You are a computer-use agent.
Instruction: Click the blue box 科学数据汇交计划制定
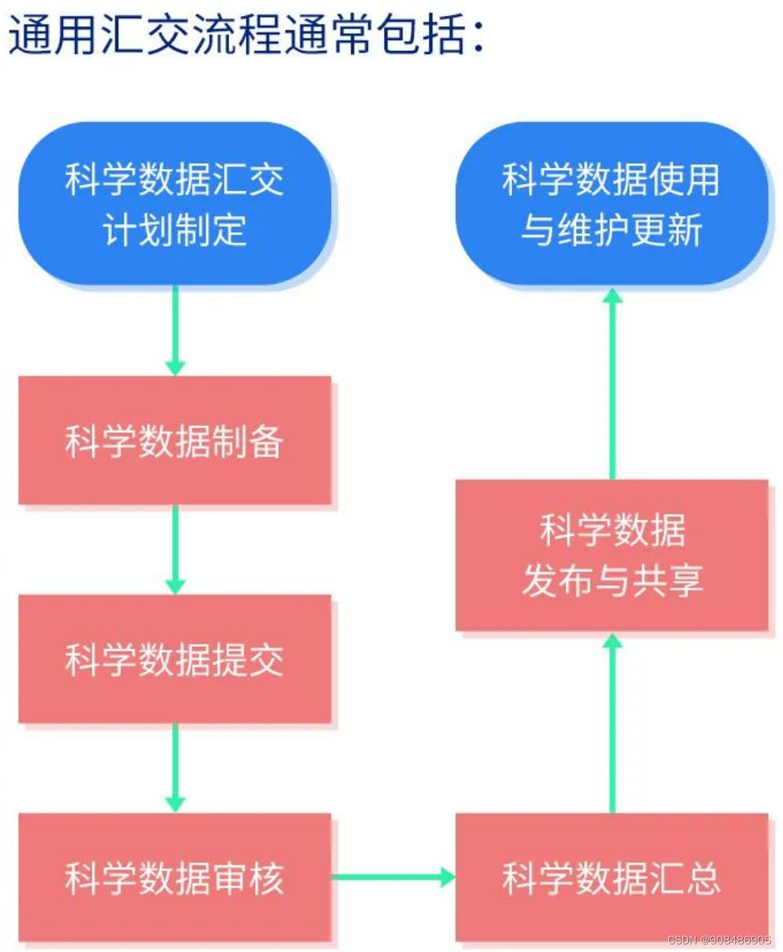175,203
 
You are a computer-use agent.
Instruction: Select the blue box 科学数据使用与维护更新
612,203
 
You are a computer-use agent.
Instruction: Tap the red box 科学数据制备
175,440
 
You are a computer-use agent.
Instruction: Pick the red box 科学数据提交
175,659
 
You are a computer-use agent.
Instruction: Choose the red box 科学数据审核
175,878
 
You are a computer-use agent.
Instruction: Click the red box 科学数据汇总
612,878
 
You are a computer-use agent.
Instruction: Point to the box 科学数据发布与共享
612,555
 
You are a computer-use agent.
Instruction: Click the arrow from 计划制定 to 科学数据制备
175,330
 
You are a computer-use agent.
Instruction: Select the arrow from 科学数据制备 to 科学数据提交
175,549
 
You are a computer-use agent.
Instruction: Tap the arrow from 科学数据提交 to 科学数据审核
175,768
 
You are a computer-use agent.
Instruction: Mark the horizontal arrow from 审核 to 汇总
393,878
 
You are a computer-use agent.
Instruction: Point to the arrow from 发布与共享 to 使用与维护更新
612,383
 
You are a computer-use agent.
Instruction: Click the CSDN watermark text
719,940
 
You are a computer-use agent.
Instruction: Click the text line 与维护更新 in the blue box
612,229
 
